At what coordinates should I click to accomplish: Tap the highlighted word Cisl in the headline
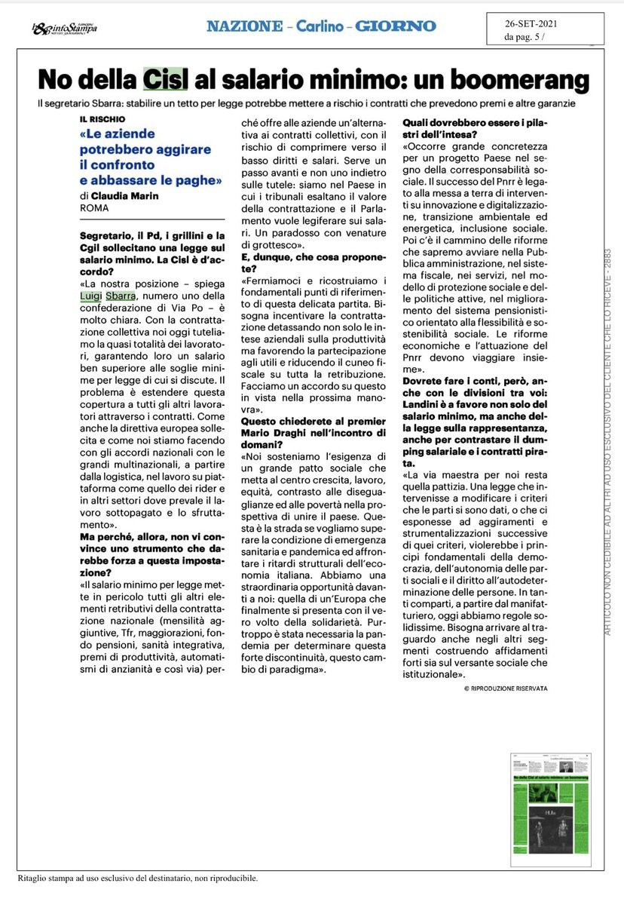click(x=164, y=79)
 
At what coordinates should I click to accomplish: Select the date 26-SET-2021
click(x=531, y=23)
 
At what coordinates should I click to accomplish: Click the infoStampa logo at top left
click(x=64, y=28)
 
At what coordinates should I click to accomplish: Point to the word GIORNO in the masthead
click(x=396, y=26)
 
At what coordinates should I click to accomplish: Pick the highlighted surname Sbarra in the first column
click(x=121, y=296)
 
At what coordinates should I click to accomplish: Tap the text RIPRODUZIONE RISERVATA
click(x=509, y=689)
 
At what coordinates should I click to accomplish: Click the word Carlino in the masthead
click(x=316, y=26)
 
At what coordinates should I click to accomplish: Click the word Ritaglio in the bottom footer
click(x=32, y=878)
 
